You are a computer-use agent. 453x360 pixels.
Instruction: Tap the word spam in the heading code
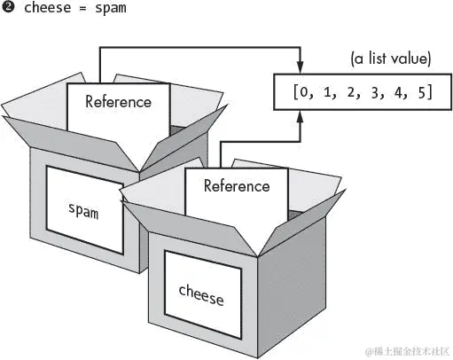(x=113, y=10)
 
